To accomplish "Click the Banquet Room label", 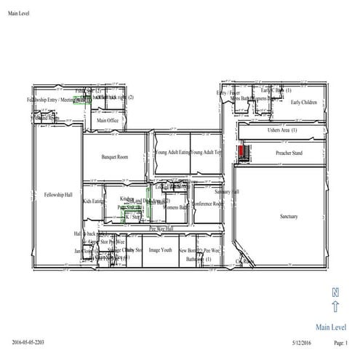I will (x=116, y=156).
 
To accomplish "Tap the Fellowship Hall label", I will (x=58, y=195).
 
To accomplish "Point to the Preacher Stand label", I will (x=289, y=154).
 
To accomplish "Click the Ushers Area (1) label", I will (x=282, y=130).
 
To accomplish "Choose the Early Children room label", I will (x=304, y=103).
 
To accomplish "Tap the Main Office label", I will (x=108, y=120).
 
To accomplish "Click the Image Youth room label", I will (x=160, y=249).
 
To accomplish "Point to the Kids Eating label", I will (x=92, y=201).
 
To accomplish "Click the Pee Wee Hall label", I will (x=161, y=228).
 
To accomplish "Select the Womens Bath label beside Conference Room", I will (x=175, y=207).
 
